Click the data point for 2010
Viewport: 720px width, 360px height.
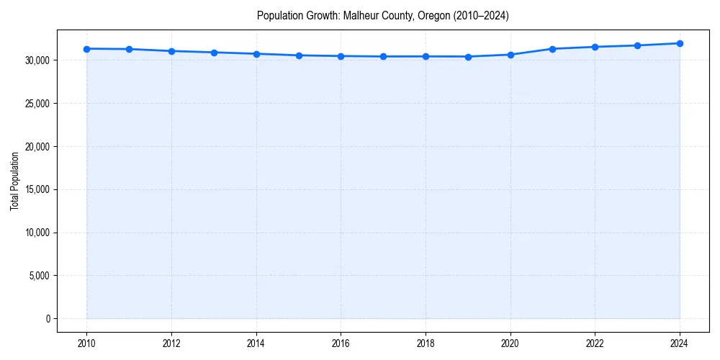[86, 49]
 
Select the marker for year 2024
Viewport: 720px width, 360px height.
[680, 43]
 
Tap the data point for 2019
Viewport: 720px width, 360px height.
[468, 57]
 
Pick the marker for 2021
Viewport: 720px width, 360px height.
[552, 49]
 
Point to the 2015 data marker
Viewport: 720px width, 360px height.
[299, 55]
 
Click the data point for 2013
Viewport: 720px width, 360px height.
[214, 53]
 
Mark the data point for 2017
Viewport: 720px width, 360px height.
[383, 56]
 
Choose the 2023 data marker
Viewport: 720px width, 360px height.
[637, 45]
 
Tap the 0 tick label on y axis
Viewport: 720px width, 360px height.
[48, 319]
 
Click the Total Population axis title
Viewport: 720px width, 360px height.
[14, 181]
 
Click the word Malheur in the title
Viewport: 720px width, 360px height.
[359, 16]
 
